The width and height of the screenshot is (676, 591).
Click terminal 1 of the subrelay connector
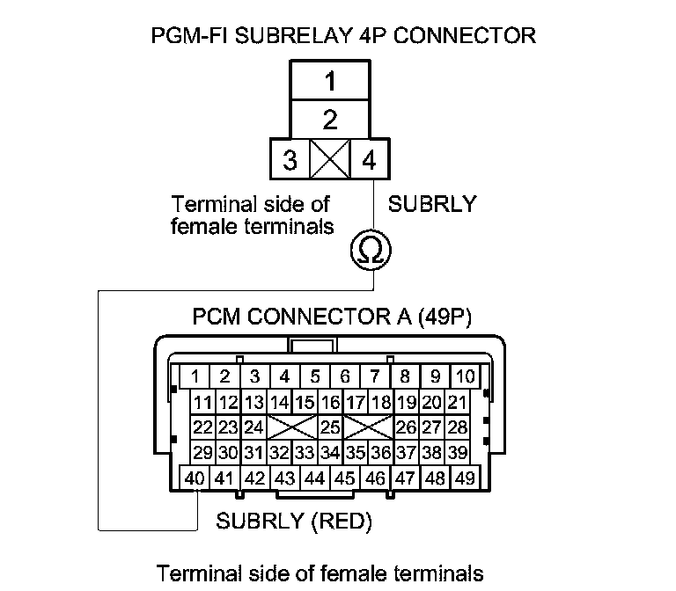click(x=330, y=84)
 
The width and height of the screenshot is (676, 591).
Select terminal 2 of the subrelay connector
click(x=330, y=119)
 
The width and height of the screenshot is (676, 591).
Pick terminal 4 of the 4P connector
click(x=369, y=162)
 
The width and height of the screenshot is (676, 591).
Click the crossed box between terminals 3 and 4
click(x=330, y=162)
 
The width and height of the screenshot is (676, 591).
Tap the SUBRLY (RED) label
click(x=294, y=522)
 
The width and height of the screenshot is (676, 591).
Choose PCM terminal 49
click(x=465, y=478)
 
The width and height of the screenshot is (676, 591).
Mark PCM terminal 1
click(x=195, y=377)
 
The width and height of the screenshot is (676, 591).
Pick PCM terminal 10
click(x=465, y=377)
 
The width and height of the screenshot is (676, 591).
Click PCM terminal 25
click(x=330, y=428)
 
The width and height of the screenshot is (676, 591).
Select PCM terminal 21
click(x=457, y=403)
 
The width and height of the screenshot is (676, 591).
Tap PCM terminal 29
click(x=203, y=454)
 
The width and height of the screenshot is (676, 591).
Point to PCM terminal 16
click(x=330, y=403)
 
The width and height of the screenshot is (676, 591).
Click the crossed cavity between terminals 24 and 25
click(x=292, y=428)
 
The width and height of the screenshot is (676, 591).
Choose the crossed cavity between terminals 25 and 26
click(x=368, y=428)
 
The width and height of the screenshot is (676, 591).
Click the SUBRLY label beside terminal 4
click(x=432, y=205)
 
